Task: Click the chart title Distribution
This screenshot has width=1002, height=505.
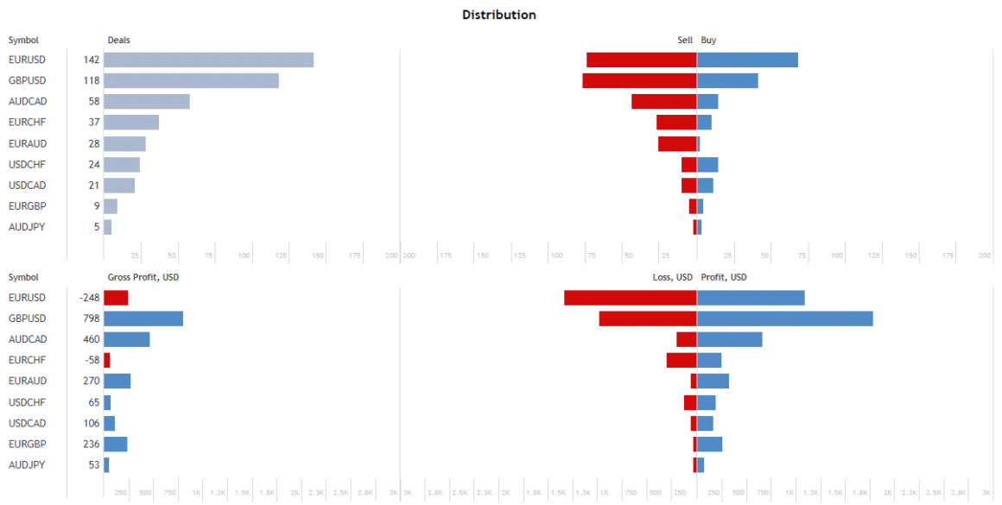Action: coord(498,15)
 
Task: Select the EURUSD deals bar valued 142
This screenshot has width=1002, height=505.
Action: coord(208,60)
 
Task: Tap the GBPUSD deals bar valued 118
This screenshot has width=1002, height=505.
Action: coord(191,80)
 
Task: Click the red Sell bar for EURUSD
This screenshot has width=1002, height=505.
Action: coord(641,60)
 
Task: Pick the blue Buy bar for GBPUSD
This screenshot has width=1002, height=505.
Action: coord(727,80)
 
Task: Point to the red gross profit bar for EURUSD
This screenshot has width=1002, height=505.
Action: coord(116,298)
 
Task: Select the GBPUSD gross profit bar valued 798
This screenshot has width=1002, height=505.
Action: coord(143,319)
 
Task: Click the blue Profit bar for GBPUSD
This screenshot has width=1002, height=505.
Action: coord(784,319)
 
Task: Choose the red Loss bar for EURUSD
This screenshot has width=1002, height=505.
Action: coord(630,298)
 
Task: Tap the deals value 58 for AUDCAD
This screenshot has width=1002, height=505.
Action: coord(94,102)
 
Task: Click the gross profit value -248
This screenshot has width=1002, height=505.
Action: coord(90,298)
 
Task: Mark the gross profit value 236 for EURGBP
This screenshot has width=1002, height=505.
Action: coord(92,444)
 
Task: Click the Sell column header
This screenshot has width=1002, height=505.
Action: coord(685,40)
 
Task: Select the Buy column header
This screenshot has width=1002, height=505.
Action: coord(708,40)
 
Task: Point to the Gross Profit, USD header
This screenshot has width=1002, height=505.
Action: coord(143,277)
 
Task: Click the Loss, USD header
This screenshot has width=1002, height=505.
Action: coord(672,277)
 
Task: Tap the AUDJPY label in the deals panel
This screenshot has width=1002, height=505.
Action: coord(27,227)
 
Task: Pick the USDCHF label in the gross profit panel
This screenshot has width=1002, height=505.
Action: coord(27,402)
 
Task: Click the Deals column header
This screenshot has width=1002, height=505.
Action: coord(119,40)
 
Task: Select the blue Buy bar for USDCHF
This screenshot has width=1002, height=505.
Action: coord(707,164)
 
